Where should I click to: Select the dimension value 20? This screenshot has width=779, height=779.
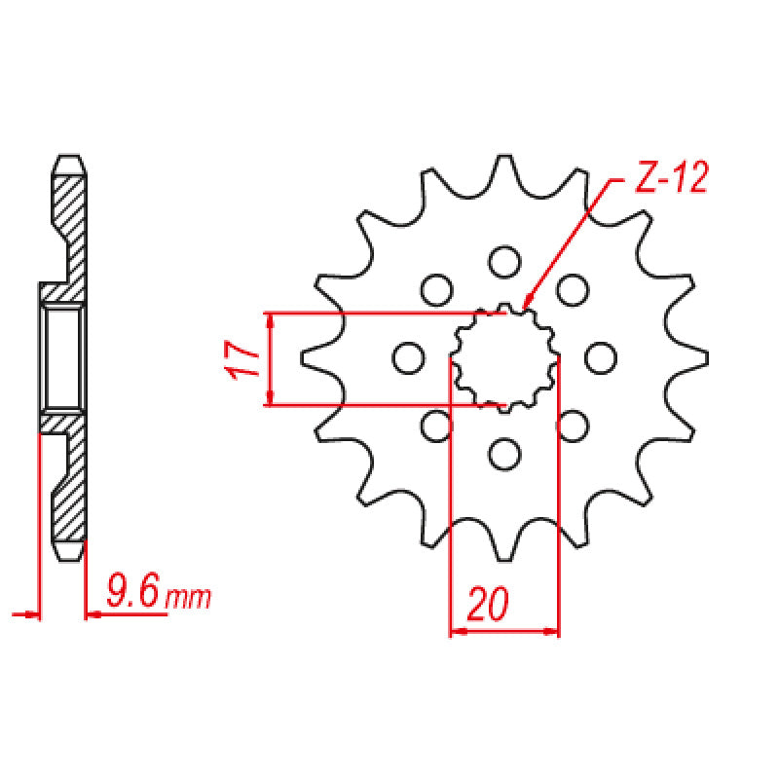pos(487,605)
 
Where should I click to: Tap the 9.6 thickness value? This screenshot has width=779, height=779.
pos(133,592)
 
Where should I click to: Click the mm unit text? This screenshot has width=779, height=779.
pos(188,597)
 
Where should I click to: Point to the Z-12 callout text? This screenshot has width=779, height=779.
pos(670,180)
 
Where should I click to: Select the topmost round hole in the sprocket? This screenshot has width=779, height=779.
pos(503,261)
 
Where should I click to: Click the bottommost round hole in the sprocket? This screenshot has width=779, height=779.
pos(503,453)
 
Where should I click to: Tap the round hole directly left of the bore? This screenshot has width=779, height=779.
pos(407,357)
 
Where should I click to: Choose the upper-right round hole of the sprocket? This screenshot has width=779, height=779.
pos(575,289)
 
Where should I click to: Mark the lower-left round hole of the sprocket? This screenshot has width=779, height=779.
pos(435,425)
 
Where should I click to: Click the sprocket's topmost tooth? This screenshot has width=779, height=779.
pos(503,167)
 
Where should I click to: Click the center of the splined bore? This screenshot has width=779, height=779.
pos(503,357)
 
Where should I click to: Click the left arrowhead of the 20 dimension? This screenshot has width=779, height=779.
pos(454,632)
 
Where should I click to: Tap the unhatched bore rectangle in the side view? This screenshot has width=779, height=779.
pos(63,357)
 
